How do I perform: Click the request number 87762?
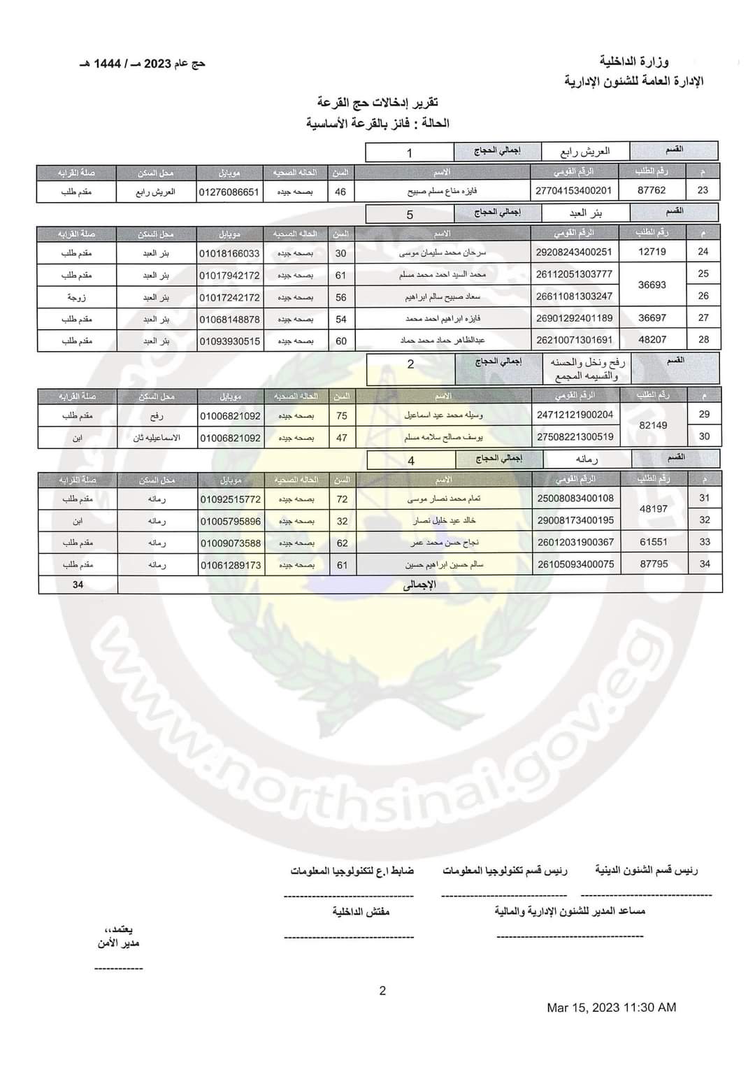652,190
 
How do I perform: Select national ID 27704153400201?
573,190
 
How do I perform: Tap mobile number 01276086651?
229,192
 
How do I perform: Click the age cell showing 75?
342,415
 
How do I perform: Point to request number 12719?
652,252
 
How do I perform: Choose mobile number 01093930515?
229,341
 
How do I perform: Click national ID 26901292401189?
574,318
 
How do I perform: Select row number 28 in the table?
703,339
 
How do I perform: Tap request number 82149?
653,425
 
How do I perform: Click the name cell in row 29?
444,415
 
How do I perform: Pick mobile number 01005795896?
230,522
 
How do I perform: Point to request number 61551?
654,542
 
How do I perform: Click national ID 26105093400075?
575,564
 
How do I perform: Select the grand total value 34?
78,585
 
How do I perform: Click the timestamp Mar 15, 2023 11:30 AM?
611,1008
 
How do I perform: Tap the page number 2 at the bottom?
382,990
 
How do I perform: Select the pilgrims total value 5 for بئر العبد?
410,215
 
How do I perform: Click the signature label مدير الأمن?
119,943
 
